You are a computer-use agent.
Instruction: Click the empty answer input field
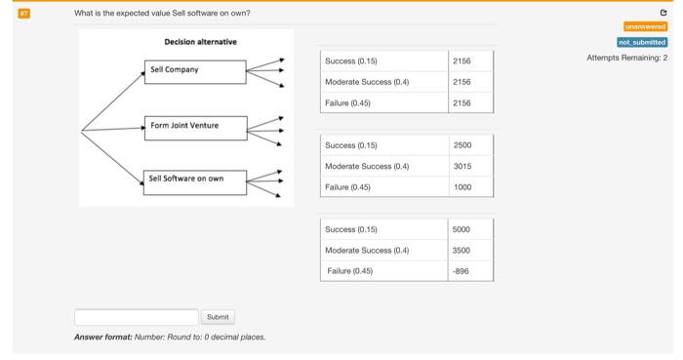[x=136, y=317]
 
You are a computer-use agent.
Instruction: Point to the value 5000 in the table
[x=462, y=230]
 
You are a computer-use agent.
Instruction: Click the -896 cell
[x=462, y=271]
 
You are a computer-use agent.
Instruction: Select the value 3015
[x=462, y=166]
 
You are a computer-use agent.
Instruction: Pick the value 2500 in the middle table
[x=462, y=145]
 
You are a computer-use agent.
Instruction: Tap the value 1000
[x=462, y=186]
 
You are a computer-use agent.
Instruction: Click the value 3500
[x=462, y=251]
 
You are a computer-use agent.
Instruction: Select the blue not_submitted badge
[x=642, y=42]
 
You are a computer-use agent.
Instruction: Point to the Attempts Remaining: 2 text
[x=626, y=58]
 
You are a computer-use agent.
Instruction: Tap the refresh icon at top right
[x=663, y=13]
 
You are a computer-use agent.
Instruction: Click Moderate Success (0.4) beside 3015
[x=367, y=166]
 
